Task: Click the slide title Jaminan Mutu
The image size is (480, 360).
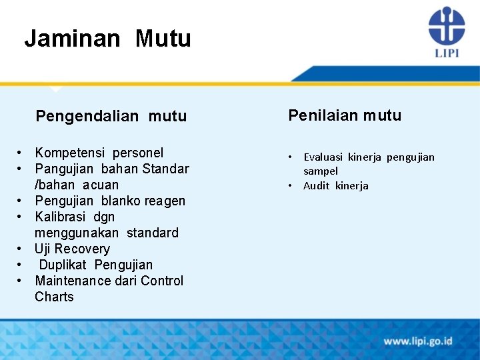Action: click(x=107, y=39)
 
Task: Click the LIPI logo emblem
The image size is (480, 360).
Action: click(x=446, y=26)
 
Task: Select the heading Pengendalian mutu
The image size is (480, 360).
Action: click(x=111, y=117)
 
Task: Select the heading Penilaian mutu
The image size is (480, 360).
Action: click(x=345, y=115)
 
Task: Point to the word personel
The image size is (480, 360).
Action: click(x=137, y=153)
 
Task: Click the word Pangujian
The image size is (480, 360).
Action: click(x=64, y=169)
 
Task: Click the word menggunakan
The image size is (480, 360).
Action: click(x=77, y=233)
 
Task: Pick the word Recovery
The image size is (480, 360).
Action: click(x=82, y=249)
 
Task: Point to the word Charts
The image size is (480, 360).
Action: click(x=54, y=297)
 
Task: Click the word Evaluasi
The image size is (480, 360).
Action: click(x=323, y=157)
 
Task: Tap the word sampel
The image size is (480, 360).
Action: click(x=321, y=171)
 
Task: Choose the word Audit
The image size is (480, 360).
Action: click(x=316, y=186)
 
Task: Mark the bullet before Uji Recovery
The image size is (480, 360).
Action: click(x=21, y=249)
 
